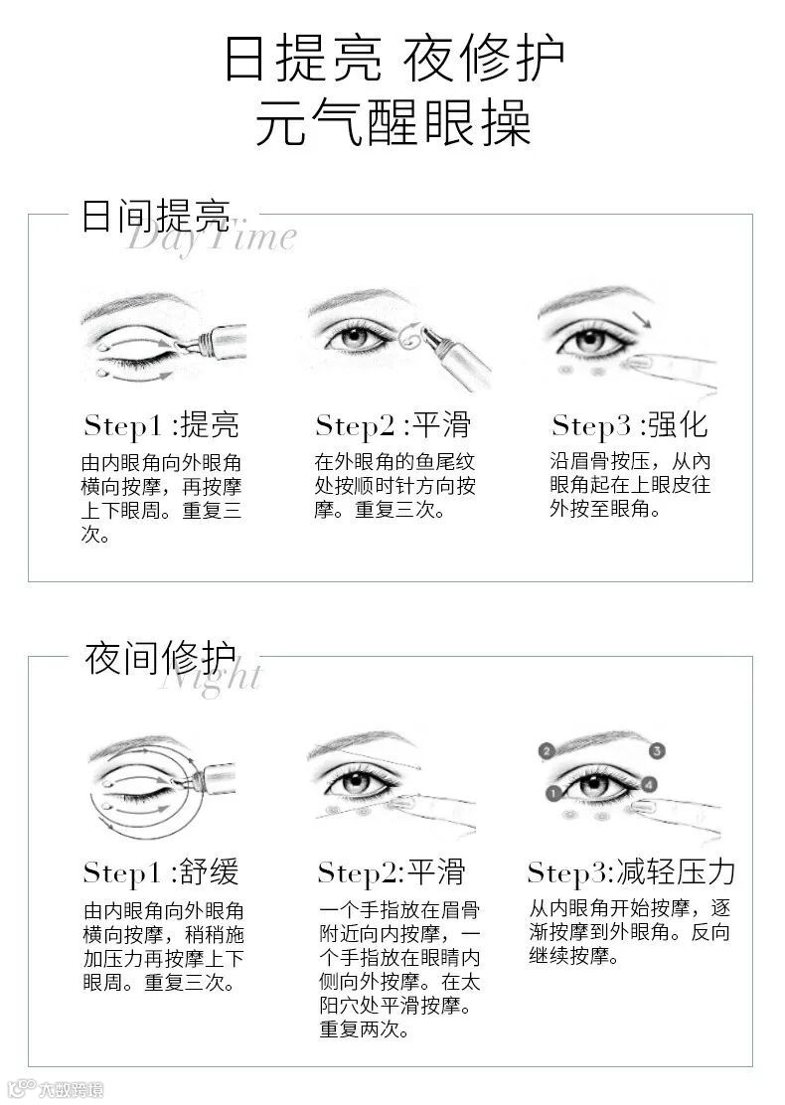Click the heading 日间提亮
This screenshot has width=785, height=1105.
pos(156,216)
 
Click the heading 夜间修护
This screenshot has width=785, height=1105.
pos(160,658)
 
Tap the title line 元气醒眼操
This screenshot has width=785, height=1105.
pos(392,121)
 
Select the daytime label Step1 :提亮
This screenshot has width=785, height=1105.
pos(161,425)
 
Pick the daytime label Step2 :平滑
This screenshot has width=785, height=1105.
pos(392,425)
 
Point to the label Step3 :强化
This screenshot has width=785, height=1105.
pos(630,425)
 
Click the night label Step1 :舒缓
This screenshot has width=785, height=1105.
pos(161,871)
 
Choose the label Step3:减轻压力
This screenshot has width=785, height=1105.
pos(631,871)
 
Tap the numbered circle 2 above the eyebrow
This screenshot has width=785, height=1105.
pos(547,751)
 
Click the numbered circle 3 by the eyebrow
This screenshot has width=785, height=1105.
pos(657,751)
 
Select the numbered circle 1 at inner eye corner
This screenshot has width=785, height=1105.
pos(553,794)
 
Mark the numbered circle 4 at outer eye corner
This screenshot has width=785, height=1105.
pos(648,784)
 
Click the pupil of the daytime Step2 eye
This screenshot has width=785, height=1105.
pos(355,337)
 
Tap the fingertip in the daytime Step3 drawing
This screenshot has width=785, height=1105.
pos(639,364)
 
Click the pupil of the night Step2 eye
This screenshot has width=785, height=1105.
pos(356,781)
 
